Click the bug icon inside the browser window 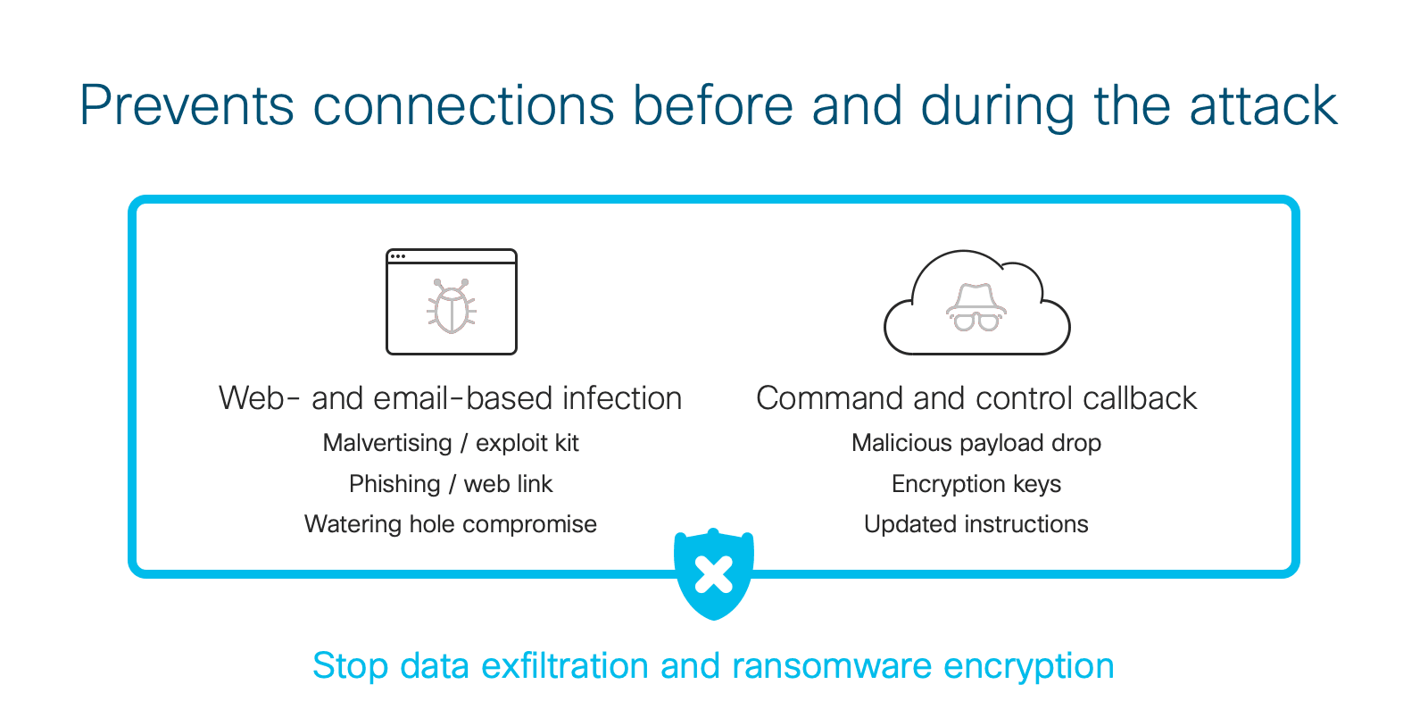tap(452, 306)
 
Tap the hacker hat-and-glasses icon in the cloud tap(976, 307)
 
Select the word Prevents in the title tap(187, 105)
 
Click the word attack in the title tap(1263, 105)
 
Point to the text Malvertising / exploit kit tap(451, 443)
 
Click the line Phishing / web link tap(451, 484)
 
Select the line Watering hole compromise tap(451, 524)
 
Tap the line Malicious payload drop tap(976, 443)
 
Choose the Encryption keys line tap(976, 484)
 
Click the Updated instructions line tap(976, 524)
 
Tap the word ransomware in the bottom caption tap(832, 665)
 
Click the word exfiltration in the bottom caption tap(566, 665)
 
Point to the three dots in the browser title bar tap(398, 256)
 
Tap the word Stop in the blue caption tap(350, 667)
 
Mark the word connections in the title tap(463, 105)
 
